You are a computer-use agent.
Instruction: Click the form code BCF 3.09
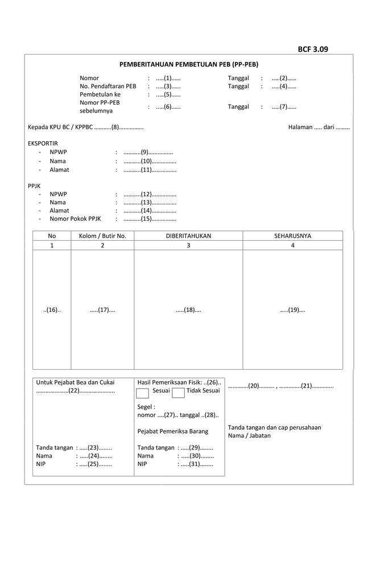coord(313,49)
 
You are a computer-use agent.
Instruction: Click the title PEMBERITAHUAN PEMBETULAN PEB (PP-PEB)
coord(188,65)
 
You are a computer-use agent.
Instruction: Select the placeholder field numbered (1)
coord(168,78)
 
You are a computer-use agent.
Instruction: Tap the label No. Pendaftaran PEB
coord(108,86)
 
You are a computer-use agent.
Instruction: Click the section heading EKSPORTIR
coord(43,143)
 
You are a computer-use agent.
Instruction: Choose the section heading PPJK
coord(34,185)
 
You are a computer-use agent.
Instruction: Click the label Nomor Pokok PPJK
coord(75,218)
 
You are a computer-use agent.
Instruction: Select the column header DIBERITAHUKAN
coord(188,236)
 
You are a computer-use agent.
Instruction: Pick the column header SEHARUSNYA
coord(292,236)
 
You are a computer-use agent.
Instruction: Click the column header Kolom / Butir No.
coord(102,236)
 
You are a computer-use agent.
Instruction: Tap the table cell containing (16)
coord(52,310)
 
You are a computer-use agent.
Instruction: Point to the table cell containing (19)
coord(292,310)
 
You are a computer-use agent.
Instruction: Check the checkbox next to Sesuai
coord(143,393)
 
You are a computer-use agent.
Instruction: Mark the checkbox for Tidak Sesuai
coord(178,393)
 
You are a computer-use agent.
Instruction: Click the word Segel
coord(146,407)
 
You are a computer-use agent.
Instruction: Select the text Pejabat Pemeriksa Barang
coord(173,431)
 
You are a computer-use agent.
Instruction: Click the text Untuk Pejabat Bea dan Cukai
coord(75,382)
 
